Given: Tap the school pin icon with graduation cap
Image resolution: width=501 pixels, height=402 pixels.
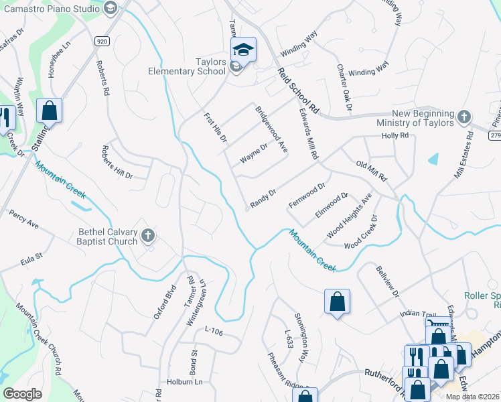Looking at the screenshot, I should (x=244, y=49).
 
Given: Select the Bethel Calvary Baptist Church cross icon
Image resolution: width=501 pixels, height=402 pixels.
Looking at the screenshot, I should (x=148, y=235).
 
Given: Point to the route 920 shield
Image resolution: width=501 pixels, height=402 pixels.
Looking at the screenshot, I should (x=101, y=41).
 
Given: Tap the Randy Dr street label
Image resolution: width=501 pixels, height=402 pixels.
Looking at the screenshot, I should (x=263, y=198).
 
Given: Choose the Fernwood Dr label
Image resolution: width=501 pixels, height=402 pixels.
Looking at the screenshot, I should (x=306, y=194).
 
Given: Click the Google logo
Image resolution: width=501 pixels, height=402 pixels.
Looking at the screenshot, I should (x=23, y=394).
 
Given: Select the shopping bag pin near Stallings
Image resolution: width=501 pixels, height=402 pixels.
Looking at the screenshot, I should (x=49, y=111).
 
